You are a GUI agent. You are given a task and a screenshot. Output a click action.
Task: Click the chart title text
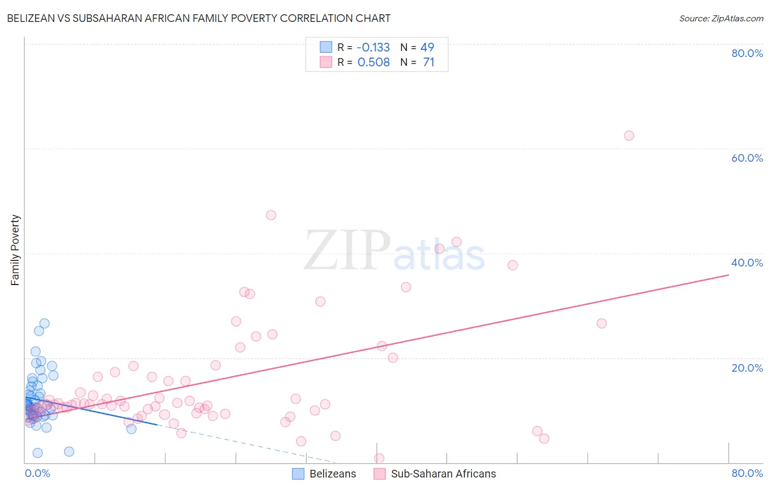pyautogui.click(x=198, y=18)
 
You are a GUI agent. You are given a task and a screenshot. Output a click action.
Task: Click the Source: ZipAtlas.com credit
pyautogui.click(x=721, y=18)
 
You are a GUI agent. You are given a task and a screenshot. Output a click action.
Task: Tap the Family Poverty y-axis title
pyautogui.click(x=15, y=250)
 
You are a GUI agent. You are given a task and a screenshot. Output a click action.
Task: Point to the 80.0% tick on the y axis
pyautogui.click(x=747, y=53)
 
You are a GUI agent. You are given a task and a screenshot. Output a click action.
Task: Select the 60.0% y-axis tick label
pyautogui.click(x=747, y=158)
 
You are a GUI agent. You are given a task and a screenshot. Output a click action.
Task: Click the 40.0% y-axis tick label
pyautogui.click(x=747, y=263)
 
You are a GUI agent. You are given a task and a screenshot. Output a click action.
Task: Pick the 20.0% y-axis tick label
pyautogui.click(x=747, y=367)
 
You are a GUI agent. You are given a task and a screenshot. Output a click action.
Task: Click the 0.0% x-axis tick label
pyautogui.click(x=37, y=473)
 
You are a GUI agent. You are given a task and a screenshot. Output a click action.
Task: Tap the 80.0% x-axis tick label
pyautogui.click(x=747, y=473)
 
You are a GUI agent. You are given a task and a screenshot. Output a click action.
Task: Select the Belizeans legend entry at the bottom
pyautogui.click(x=332, y=474)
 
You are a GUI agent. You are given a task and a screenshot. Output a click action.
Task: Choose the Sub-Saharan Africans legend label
pyautogui.click(x=443, y=474)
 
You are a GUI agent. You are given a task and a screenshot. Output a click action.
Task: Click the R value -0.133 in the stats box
pyautogui.click(x=373, y=48)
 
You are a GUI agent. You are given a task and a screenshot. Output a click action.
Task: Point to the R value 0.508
pyautogui.click(x=373, y=62)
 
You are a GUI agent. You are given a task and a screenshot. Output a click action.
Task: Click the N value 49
pyautogui.click(x=427, y=48)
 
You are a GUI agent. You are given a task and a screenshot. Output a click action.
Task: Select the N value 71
pyautogui.click(x=428, y=62)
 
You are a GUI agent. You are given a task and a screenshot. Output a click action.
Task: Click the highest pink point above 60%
pyautogui.click(x=629, y=135)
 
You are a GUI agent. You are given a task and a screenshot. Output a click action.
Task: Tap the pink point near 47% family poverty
pyautogui.click(x=271, y=215)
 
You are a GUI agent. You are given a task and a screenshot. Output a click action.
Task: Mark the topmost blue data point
pyautogui.click(x=44, y=323)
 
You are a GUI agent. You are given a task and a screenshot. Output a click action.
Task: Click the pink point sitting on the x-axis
pyautogui.click(x=379, y=458)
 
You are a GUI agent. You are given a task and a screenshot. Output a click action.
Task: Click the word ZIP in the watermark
pyautogui.click(x=347, y=251)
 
